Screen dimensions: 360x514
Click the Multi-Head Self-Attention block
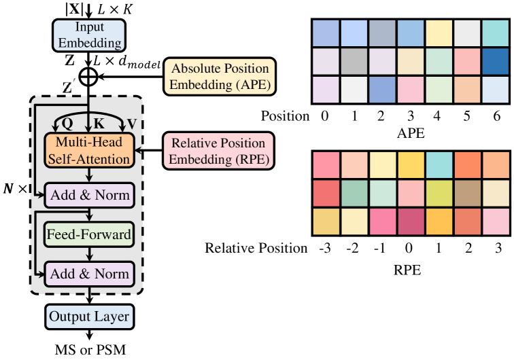tap(88, 150)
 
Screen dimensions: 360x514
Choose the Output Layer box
tap(88, 316)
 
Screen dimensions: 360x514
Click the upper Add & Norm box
tap(88, 196)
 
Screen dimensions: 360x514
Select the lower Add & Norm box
tap(88, 274)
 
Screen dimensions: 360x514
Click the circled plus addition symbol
tap(88, 77)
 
